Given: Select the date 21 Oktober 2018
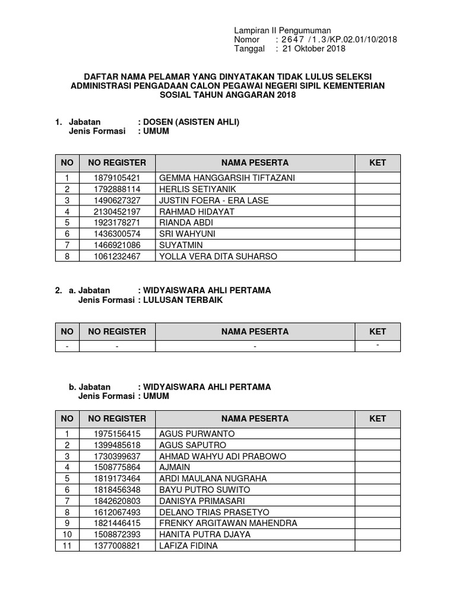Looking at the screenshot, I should coord(314,49).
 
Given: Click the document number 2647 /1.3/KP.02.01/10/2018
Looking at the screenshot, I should coord(339,39).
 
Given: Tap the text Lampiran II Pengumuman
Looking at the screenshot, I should coord(282,30).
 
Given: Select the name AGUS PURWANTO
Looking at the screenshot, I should coord(197,433).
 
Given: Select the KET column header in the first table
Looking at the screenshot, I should coord(378,163).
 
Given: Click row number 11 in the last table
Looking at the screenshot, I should coord(68,546).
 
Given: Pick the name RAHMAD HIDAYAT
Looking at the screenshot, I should coord(197,211).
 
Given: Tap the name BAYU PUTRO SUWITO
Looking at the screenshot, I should coord(205,489).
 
